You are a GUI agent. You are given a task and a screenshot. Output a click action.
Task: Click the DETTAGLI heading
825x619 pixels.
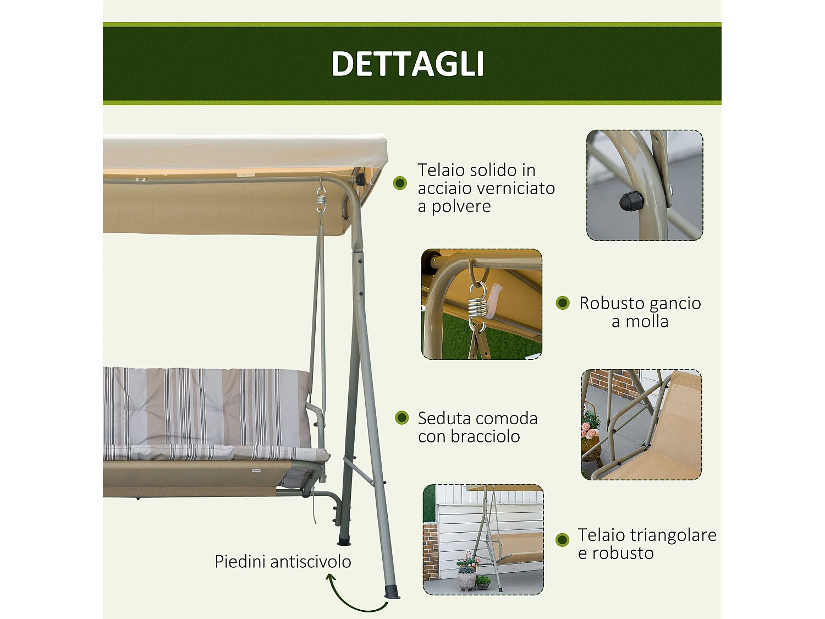pyautogui.click(x=408, y=64)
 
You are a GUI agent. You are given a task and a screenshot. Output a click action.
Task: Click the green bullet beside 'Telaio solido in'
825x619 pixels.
pyautogui.click(x=400, y=183)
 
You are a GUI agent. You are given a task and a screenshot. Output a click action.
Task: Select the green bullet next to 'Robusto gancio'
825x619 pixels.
pyautogui.click(x=563, y=303)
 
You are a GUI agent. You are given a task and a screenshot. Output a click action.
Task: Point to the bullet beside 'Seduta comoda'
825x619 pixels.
pyautogui.click(x=402, y=418)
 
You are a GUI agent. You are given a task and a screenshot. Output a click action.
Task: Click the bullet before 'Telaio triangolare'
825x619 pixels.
pyautogui.click(x=562, y=539)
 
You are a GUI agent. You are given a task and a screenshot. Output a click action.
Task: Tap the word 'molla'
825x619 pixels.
pyautogui.click(x=647, y=321)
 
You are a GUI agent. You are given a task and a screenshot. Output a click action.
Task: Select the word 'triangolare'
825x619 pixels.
pyautogui.click(x=673, y=535)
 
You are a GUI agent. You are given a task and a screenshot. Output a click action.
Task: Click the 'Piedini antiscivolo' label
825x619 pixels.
pyautogui.click(x=283, y=562)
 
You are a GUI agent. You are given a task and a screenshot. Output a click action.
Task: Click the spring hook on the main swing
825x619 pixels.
pyautogui.click(x=321, y=200)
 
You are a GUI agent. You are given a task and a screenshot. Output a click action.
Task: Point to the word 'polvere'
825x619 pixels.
pyautogui.click(x=461, y=206)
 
